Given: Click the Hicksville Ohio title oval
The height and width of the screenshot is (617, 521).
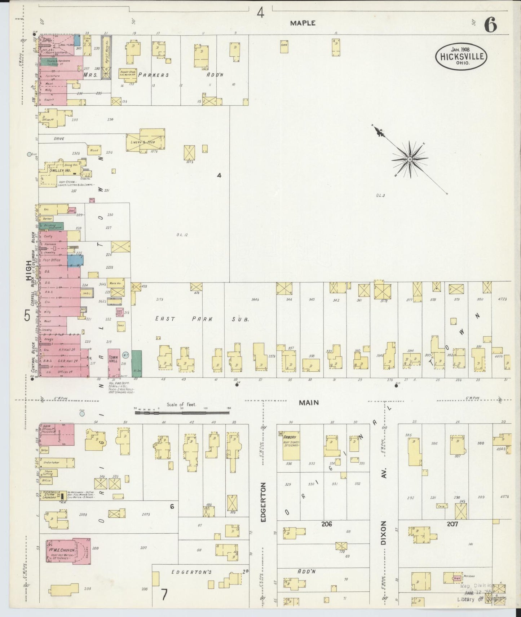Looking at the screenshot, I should pyautogui.click(x=461, y=57).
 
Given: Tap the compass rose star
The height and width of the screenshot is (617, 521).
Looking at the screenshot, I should pyautogui.click(x=410, y=159).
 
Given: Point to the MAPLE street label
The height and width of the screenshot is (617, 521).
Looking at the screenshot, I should pyautogui.click(x=303, y=23).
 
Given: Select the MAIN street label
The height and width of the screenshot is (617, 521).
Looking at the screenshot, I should pyautogui.click(x=309, y=402).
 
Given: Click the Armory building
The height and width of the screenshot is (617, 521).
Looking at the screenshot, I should pyautogui.click(x=291, y=445).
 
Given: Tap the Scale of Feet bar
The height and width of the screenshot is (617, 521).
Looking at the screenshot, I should pyautogui.click(x=182, y=411).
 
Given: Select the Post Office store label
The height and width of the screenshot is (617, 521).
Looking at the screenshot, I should pyautogui.click(x=52, y=260).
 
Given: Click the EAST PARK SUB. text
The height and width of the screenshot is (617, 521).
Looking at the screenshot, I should pyautogui.click(x=202, y=319).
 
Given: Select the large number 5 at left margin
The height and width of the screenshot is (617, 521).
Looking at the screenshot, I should pyautogui.click(x=27, y=316).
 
